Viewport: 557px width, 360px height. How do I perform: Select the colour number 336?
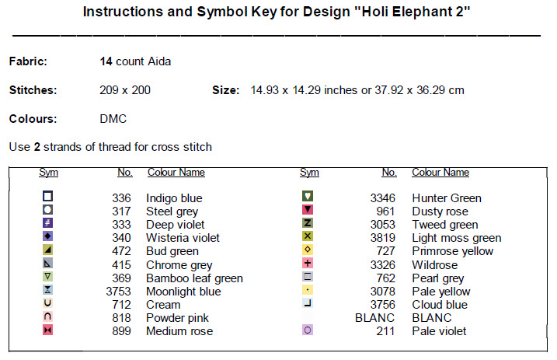[x=121, y=198]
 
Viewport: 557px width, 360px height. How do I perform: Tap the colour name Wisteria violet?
[x=183, y=238]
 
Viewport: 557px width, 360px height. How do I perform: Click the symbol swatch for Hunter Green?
[x=308, y=197]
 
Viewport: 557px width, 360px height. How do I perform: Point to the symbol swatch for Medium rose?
[x=47, y=330]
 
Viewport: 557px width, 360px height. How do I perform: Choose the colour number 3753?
[x=118, y=292]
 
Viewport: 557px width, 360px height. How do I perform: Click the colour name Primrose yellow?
[x=452, y=251]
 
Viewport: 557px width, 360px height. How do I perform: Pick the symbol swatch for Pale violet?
[x=308, y=330]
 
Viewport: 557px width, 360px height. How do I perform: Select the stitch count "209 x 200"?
[x=125, y=90]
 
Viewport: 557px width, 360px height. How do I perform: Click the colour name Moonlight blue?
[x=183, y=292]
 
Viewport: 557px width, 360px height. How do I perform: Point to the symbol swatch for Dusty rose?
[x=308, y=210]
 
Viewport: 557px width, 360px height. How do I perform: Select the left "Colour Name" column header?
[x=176, y=173]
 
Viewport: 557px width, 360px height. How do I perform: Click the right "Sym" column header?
[x=309, y=173]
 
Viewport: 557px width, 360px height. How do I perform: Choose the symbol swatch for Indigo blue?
[x=47, y=197]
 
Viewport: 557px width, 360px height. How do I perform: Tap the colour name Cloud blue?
[x=439, y=305]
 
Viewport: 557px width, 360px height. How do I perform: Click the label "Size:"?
[x=225, y=90]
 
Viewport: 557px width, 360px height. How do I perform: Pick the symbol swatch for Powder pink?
[x=47, y=317]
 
